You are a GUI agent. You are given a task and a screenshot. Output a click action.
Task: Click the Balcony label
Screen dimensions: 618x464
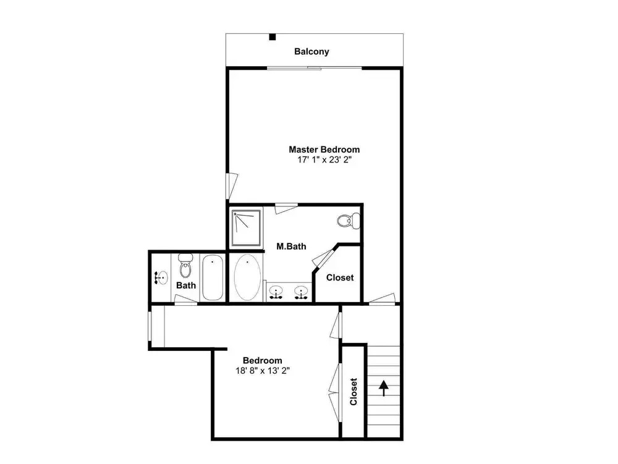pos(311,52)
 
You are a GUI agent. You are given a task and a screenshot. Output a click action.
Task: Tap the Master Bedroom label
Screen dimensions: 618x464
pos(324,150)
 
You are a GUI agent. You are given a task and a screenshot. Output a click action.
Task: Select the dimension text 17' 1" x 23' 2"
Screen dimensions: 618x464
pos(324,159)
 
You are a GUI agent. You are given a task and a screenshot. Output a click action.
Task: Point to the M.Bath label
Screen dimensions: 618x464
pos(291,246)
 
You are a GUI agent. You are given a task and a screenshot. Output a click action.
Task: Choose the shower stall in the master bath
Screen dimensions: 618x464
pos(246,227)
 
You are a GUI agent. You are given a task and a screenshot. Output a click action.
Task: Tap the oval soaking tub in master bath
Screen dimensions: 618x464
pos(247,277)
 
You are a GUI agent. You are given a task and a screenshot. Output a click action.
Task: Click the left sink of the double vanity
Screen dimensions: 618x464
pos(276,292)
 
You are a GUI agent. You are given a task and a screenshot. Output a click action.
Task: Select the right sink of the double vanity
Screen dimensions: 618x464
pos(301,292)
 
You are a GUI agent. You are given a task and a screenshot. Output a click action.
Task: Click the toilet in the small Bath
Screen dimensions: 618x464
pos(185,266)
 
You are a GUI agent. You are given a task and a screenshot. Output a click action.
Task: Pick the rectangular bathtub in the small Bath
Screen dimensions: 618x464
pos(213,277)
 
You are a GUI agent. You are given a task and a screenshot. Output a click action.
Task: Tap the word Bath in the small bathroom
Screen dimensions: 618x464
pos(186,285)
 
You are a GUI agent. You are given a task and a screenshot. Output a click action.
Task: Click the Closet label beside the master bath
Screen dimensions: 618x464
pos(340,277)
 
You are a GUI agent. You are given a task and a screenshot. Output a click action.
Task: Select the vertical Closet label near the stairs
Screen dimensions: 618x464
pos(353,392)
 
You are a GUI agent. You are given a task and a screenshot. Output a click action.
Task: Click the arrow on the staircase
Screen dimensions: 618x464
pos(384,389)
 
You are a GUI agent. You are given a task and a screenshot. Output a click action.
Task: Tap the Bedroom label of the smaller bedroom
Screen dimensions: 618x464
pos(263,360)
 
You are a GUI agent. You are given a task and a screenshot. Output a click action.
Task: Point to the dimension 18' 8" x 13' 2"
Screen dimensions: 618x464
pos(263,371)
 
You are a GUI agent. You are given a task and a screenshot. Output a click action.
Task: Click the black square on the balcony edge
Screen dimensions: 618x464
pos(273,37)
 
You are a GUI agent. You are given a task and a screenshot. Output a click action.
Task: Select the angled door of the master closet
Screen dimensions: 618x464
pos(324,258)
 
